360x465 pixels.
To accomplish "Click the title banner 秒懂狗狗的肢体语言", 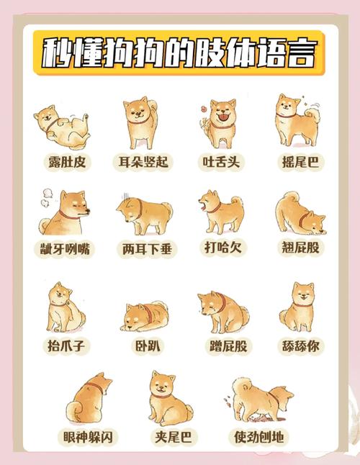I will click(x=179, y=53).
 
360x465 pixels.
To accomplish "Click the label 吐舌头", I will click(x=219, y=162).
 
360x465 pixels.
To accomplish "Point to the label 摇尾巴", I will click(x=299, y=162).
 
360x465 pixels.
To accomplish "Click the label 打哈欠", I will click(x=220, y=248).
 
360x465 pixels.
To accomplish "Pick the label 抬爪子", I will click(x=66, y=346).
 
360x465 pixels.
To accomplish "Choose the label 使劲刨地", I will click(x=258, y=437).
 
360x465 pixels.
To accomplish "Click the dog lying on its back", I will click(x=61, y=127).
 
